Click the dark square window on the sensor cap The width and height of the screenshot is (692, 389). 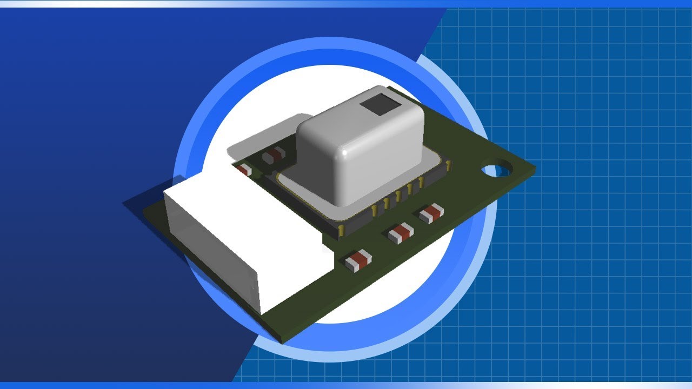[x=379, y=104]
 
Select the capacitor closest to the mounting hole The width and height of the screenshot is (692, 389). [x=431, y=214]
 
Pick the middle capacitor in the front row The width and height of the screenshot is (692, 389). [x=401, y=233]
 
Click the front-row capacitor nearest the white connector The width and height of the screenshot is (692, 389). [x=358, y=260]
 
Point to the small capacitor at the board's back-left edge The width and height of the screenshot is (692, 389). [x=244, y=170]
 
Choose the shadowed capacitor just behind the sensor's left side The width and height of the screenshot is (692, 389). [x=274, y=156]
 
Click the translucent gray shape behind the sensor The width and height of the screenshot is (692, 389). [x=259, y=135]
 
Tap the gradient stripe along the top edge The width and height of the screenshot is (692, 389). [x=346, y=3]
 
